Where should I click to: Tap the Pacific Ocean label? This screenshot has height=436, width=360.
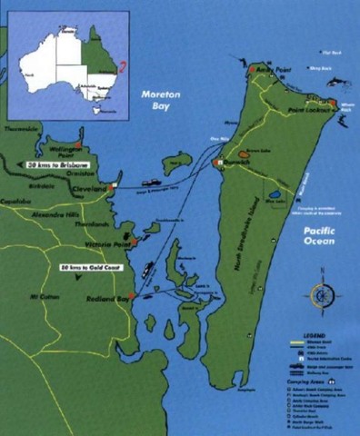coord(319,238)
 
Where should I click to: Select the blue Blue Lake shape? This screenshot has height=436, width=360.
coord(275,195)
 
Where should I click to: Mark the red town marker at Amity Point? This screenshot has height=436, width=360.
coord(252,68)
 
